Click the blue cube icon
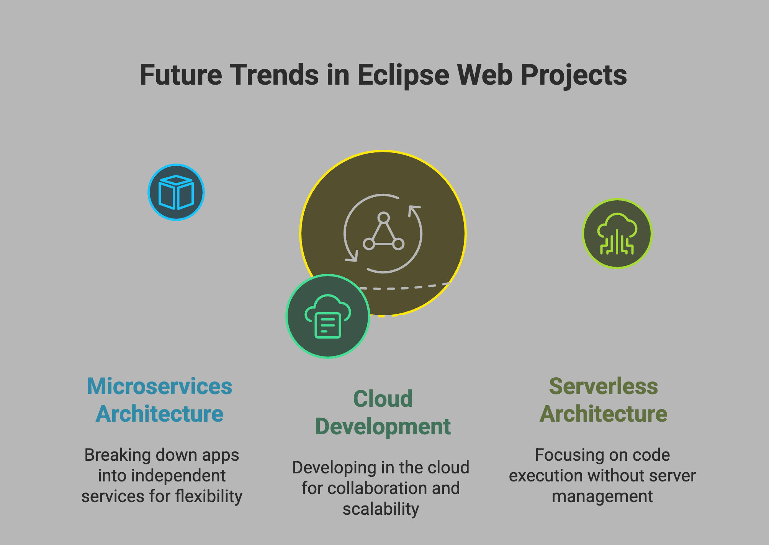(176, 192)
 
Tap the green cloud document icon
(328, 316)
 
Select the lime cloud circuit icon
(617, 234)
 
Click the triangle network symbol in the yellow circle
(383, 231)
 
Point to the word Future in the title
(181, 75)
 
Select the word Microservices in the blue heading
(159, 386)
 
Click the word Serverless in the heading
(603, 386)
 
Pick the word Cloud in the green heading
(383, 399)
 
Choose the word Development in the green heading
(383, 427)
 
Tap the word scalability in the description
(381, 509)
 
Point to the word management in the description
(602, 497)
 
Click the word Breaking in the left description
(118, 455)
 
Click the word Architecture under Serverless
(603, 414)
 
